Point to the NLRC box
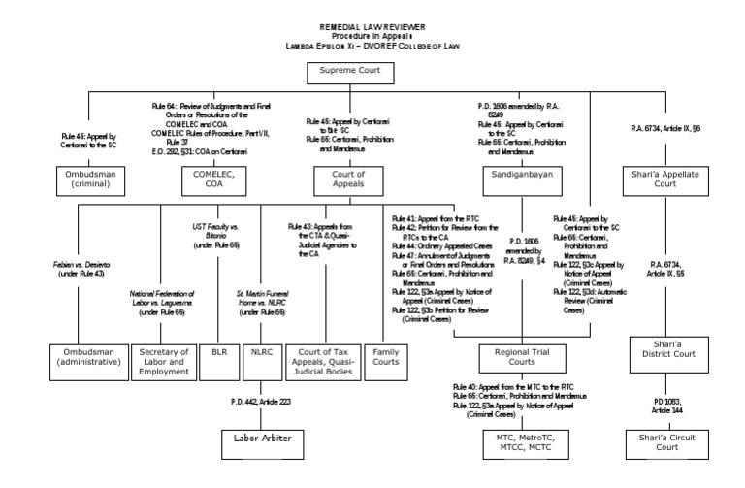[262, 354]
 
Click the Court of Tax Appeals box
[324, 360]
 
